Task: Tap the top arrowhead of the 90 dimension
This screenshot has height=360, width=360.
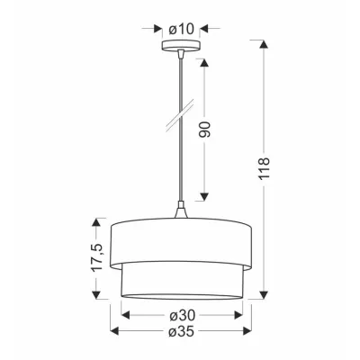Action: pyautogui.click(x=206, y=64)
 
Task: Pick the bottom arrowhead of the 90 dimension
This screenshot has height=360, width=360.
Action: pyautogui.click(x=206, y=197)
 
